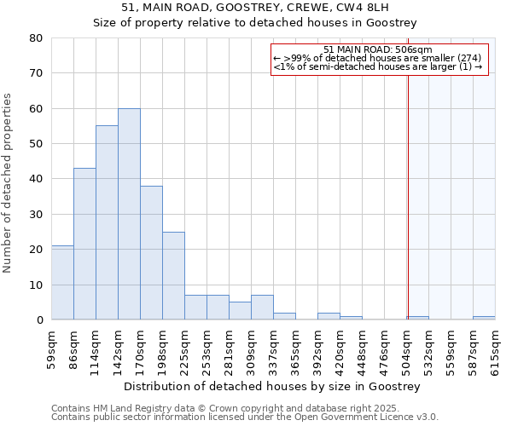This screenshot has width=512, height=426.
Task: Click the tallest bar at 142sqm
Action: pos(129,214)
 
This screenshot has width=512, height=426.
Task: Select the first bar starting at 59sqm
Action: pos(62,283)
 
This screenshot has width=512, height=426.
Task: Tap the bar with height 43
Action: pos(84,244)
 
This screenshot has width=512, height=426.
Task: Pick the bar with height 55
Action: pos(107,222)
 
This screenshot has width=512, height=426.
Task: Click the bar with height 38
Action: pos(151,253)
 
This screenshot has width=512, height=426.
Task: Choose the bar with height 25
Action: pos(173,276)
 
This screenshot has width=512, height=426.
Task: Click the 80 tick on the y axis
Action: pos(36,38)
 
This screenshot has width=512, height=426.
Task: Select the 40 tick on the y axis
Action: pos(36,179)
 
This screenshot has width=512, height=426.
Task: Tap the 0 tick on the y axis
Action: pos(39,320)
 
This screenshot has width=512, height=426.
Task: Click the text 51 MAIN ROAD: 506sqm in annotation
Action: pos(379,50)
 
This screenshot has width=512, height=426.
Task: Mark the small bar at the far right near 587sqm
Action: pos(484,318)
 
